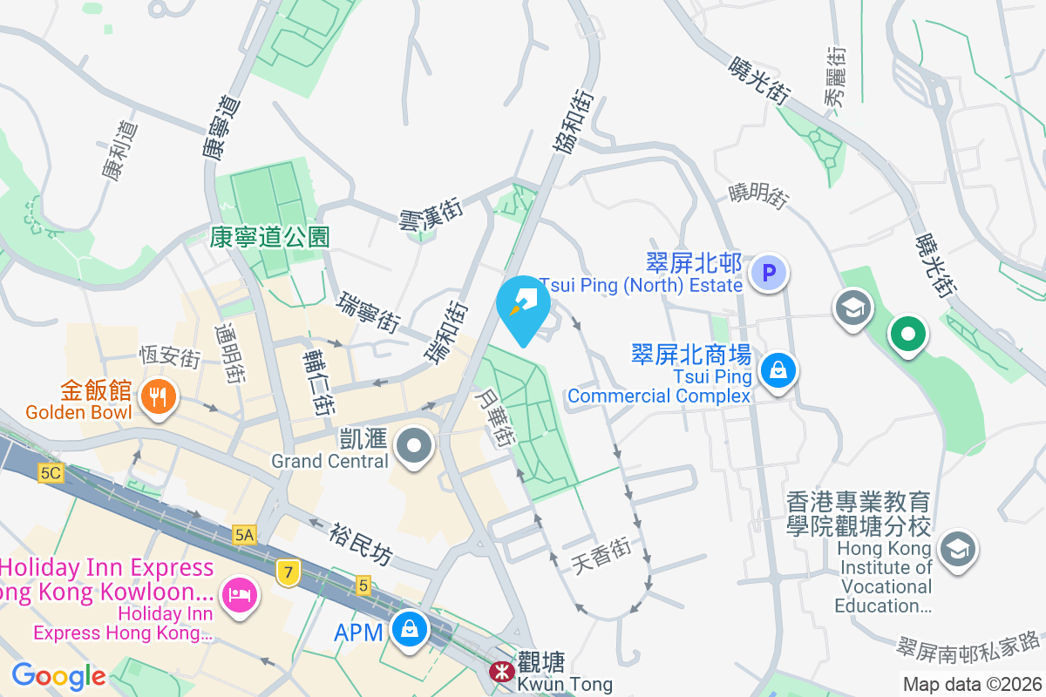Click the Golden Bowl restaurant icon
tap(157, 398)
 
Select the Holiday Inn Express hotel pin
tap(238, 595)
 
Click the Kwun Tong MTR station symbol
tap(501, 671)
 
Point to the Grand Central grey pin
tap(414, 447)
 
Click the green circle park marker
tap(907, 335)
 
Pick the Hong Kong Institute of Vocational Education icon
tap(957, 550)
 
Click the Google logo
tap(58, 675)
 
